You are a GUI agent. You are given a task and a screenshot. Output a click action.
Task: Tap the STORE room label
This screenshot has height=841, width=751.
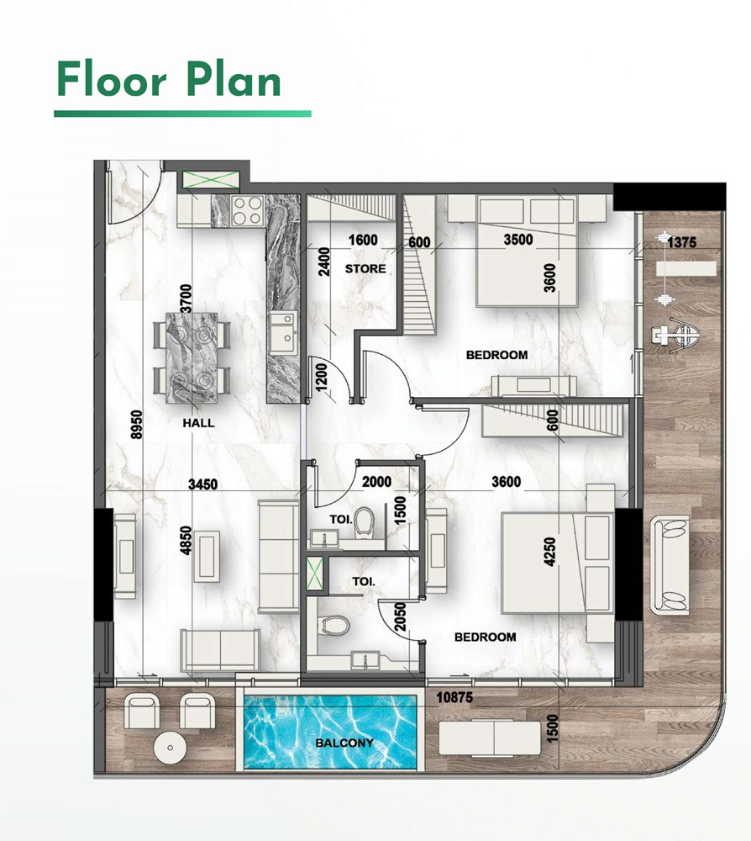click(x=365, y=269)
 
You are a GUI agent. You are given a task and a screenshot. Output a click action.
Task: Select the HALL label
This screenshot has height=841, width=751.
click(x=198, y=423)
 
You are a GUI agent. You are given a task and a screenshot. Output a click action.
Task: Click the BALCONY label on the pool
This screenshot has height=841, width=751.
click(x=344, y=743)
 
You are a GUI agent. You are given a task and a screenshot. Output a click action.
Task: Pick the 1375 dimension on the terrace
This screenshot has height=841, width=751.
click(x=681, y=242)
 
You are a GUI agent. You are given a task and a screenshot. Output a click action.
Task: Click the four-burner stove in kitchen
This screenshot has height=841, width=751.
click(x=248, y=210)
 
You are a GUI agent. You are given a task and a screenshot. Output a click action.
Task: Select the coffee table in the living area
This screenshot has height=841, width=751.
click(x=209, y=555)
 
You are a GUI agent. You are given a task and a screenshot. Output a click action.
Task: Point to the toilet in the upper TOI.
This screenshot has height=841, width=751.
click(x=364, y=521)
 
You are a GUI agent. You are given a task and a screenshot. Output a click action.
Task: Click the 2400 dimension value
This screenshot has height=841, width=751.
click(x=313, y=262)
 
